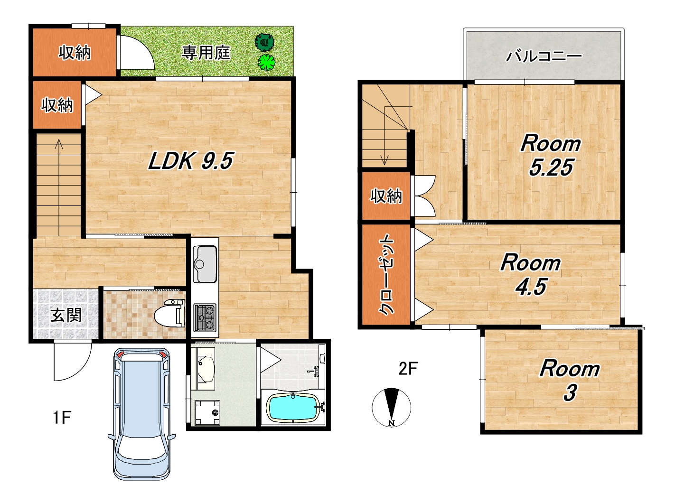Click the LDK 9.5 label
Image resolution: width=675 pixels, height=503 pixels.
coord(191,161)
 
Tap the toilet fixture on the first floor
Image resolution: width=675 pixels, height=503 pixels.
coord(169,313)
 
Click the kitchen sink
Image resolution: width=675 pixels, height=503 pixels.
coord(205,264)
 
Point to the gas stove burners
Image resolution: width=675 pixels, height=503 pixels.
coord(205,317)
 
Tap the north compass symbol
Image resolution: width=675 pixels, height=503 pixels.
coord(392,408)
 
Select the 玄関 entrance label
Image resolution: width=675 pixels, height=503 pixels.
coord(66,315)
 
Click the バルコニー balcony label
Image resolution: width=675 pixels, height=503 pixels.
coord(544,56)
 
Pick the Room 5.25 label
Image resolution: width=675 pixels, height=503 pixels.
coord(551,155)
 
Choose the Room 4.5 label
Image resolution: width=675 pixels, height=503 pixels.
coord(531,275)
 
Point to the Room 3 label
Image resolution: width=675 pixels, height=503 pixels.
coord(570,381)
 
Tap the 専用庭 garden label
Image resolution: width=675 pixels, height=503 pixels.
coord(206,53)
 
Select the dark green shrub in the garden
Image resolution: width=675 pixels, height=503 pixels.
coord(264,42)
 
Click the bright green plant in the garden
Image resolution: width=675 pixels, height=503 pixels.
coord(266,62)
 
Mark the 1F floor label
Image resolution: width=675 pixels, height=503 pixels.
coord(62,418)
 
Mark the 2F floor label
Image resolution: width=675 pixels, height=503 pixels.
coord(408,368)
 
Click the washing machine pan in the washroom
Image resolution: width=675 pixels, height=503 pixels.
coord(208,413)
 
